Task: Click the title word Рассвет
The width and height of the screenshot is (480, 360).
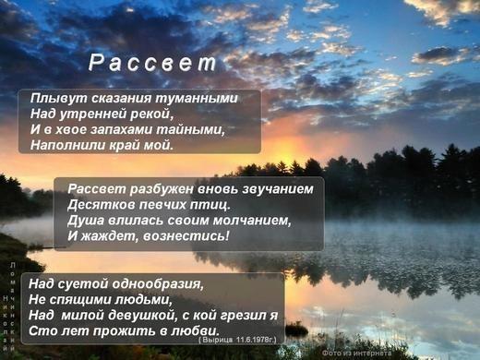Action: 152,64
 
